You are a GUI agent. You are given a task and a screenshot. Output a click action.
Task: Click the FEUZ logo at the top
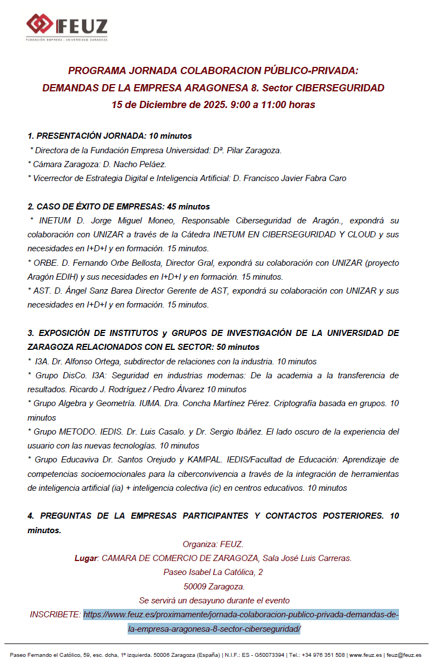click(67, 26)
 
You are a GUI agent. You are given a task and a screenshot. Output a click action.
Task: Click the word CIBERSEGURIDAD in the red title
click(339, 88)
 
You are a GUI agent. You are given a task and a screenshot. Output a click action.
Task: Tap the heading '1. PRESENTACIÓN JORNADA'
click(87, 136)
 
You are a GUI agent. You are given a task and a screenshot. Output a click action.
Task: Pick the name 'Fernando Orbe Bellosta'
click(117, 263)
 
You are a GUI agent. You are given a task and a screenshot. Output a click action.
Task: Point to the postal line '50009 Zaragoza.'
click(214, 586)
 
